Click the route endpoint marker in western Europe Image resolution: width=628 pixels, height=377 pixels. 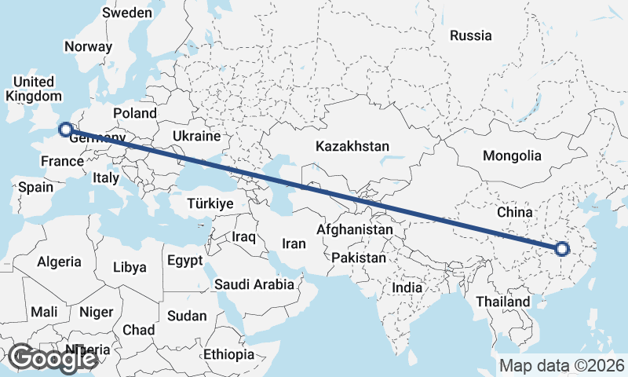tap(67, 129)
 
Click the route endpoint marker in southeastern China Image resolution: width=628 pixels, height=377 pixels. tap(561, 249)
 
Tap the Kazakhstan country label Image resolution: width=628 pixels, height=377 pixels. tap(352, 146)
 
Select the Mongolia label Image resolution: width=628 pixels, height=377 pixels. tap(512, 156)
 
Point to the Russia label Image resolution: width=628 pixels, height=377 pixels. tap(470, 35)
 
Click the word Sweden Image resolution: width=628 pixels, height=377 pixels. tap(127, 13)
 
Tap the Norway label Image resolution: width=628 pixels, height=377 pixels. tap(89, 46)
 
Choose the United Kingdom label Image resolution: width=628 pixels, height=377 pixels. tap(33, 89)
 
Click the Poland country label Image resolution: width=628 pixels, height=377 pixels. tap(135, 113)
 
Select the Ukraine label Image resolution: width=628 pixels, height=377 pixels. tap(196, 136)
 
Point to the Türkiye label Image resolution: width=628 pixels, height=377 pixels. tap(210, 203)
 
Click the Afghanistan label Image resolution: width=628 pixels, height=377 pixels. tap(354, 230)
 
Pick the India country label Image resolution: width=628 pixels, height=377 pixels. tap(407, 287)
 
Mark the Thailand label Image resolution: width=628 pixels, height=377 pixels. tap(503, 302)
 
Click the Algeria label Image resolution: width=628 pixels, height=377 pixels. tap(60, 262)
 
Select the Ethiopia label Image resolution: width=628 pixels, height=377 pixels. tap(228, 354)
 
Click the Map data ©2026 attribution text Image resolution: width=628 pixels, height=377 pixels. tap(562, 365)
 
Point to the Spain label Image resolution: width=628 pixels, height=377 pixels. tap(35, 187)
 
